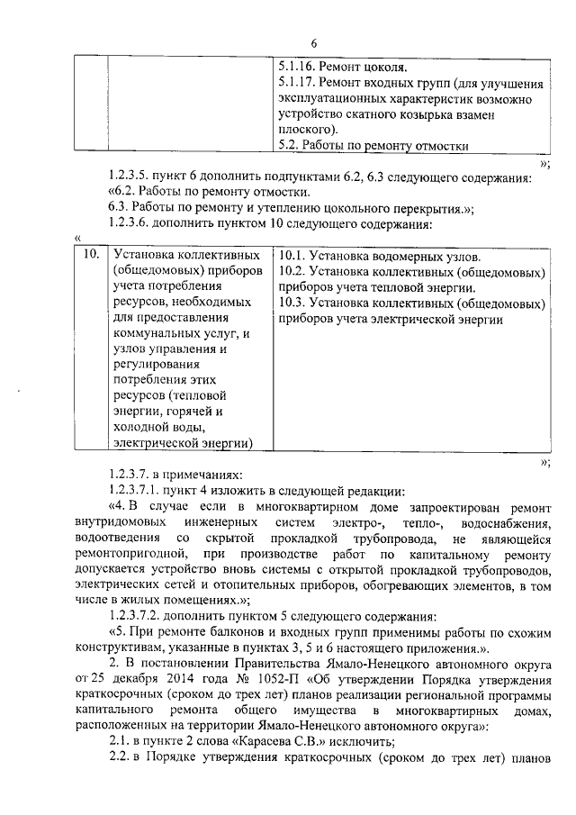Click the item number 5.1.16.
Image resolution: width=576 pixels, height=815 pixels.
pyautogui.click(x=298, y=67)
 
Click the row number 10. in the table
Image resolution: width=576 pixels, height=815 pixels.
pyautogui.click(x=89, y=255)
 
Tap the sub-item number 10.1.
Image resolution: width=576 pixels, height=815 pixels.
pyautogui.click(x=292, y=255)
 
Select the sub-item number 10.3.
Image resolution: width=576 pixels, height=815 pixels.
pyautogui.click(x=292, y=303)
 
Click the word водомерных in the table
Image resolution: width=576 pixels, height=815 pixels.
pyautogui.click(x=400, y=255)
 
